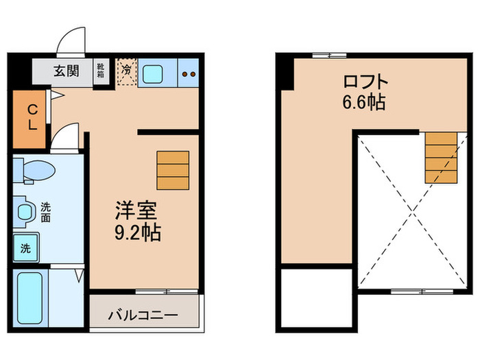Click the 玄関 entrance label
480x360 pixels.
[67, 70]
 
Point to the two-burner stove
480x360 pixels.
[189, 73]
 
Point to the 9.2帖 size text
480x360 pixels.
[137, 232]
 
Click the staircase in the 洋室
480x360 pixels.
[173, 169]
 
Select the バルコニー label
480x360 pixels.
[143, 316]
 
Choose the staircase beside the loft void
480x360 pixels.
[440, 158]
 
